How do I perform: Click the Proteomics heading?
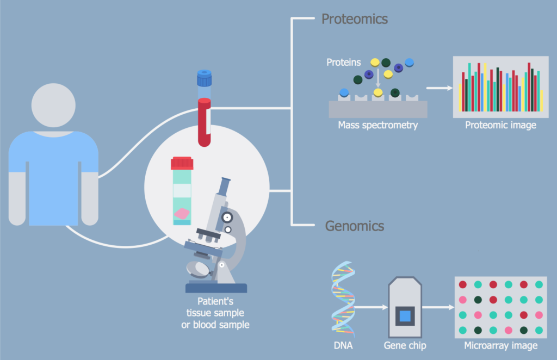point(354,19)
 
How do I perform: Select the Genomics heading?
point(354,226)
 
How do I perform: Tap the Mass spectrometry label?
point(377,126)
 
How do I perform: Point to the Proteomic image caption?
point(500,126)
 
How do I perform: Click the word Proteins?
point(343,63)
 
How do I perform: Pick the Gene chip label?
point(405,346)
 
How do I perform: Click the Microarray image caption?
point(500,346)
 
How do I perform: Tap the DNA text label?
point(343,346)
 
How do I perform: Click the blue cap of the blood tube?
point(204,78)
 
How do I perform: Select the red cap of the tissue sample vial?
point(182,163)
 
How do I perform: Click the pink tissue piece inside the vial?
point(182,214)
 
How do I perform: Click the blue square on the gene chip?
point(405,315)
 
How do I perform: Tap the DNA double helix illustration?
point(343,299)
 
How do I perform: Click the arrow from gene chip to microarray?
point(438,308)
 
